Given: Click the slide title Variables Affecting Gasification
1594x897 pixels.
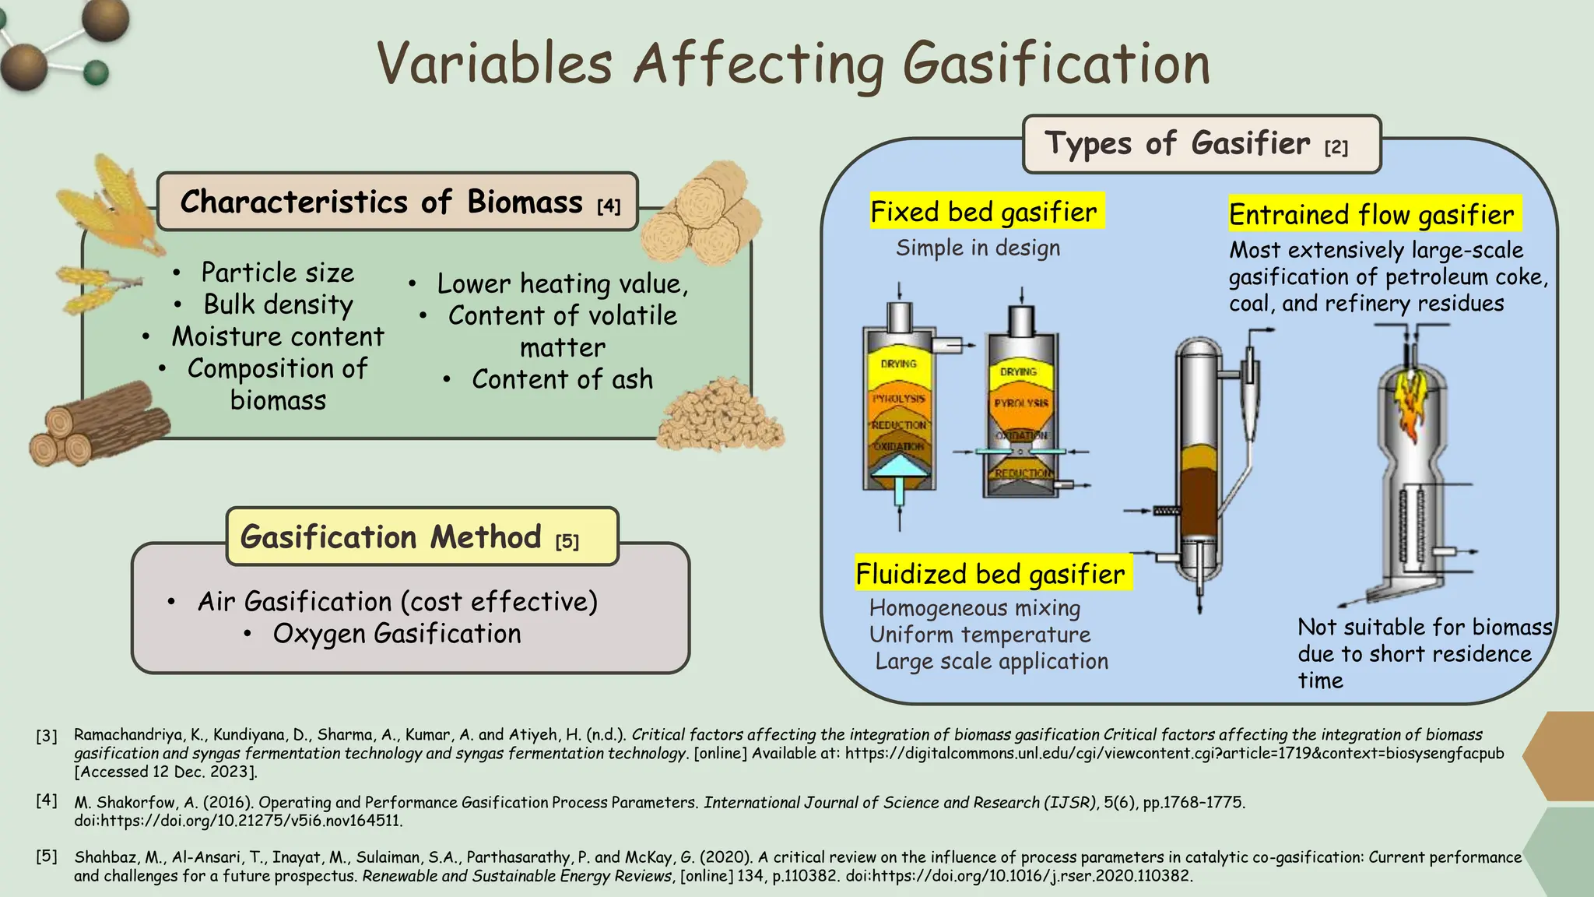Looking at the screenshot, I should [794, 64].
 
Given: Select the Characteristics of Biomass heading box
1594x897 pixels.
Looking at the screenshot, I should [398, 202].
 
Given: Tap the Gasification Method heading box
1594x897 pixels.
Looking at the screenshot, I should [422, 536].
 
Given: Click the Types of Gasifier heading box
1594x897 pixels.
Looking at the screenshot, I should [1201, 144].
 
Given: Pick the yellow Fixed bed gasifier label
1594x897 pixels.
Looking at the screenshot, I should [985, 211].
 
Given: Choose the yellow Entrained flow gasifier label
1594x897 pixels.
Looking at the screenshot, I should [1373, 214].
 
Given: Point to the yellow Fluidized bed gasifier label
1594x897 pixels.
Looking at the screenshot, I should [991, 574].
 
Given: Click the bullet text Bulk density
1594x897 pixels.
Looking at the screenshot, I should [278, 304].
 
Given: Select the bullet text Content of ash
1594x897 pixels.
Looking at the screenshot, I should [562, 379].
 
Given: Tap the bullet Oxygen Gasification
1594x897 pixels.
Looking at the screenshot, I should [396, 634].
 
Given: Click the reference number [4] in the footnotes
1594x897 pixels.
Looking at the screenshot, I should [47, 800].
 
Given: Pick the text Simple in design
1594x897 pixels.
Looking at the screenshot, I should [978, 248].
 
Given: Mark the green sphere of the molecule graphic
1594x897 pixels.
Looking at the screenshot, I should [96, 73].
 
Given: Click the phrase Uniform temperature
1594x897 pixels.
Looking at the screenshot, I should [980, 635].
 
